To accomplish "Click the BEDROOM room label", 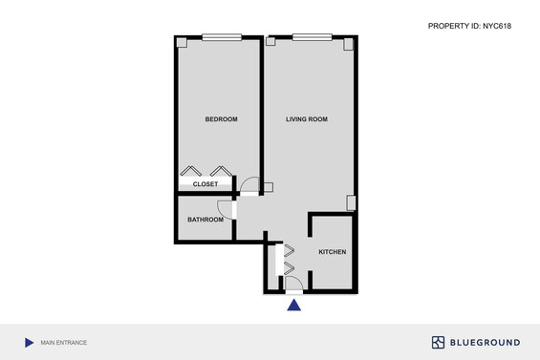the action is [221, 119].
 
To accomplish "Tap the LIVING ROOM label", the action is [307, 119].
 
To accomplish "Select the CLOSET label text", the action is [205, 184].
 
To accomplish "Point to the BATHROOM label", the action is [205, 220].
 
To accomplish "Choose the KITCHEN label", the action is [333, 252].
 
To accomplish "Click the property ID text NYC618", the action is [497, 26].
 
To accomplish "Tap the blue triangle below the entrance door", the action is [293, 305].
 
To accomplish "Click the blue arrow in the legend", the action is [30, 343].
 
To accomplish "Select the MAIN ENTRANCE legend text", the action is [64, 343].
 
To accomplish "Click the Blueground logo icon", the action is [438, 343].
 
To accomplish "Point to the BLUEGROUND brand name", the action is [485, 343].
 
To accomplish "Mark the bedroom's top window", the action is [222, 37].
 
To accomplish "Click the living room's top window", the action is [312, 37].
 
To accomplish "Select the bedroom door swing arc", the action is [247, 181].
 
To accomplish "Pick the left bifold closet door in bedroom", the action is [191, 171].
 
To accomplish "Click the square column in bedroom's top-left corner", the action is [182, 43].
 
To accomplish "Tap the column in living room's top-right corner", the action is [348, 44].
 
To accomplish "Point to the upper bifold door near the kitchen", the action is [290, 250].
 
